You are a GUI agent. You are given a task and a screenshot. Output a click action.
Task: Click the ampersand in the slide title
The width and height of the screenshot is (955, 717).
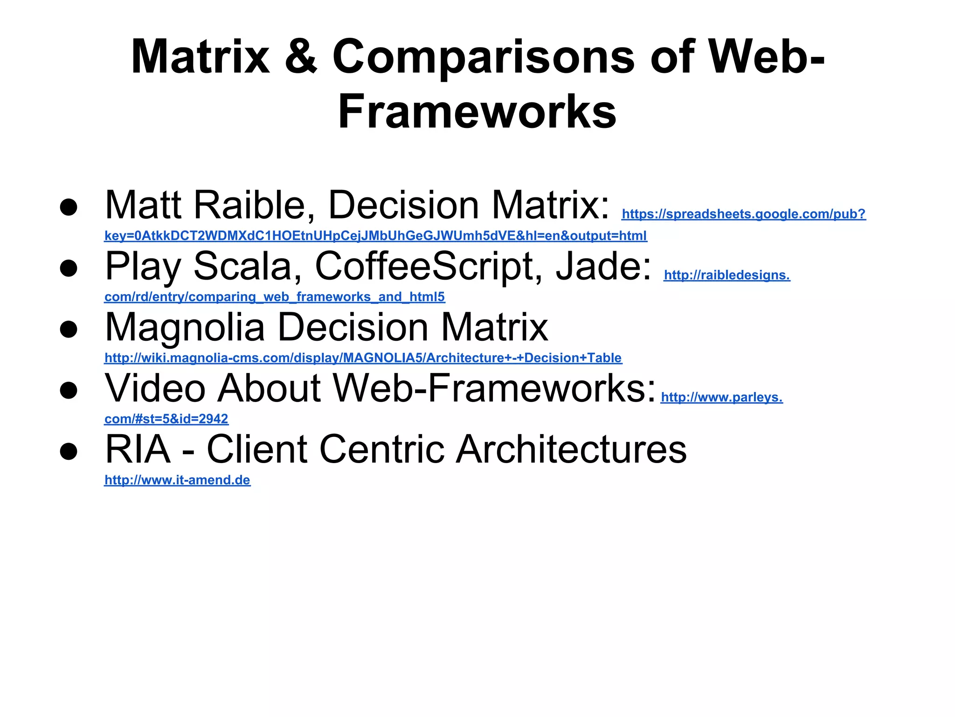point(301,57)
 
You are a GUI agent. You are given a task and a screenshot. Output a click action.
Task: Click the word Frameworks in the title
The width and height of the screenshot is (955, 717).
point(477,112)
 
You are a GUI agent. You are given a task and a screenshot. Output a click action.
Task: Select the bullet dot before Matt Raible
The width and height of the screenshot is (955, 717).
point(69,207)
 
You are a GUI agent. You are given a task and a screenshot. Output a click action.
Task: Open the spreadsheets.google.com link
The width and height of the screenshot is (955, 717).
point(743,214)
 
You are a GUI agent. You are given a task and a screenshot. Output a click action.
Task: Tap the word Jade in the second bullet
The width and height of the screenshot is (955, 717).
point(603,266)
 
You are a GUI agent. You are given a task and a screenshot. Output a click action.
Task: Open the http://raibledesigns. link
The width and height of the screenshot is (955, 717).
point(727,275)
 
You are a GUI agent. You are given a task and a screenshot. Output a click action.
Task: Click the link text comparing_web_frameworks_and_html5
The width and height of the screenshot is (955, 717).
point(274,297)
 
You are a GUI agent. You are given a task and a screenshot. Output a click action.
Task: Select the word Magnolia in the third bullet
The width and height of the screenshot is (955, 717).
point(185,327)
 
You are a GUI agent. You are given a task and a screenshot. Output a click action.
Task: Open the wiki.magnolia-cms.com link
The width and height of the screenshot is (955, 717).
point(363,358)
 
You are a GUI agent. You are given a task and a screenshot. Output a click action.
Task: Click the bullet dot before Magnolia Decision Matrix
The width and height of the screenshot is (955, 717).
point(69,329)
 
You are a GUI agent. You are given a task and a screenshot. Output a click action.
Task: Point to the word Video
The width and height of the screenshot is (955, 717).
point(155,388)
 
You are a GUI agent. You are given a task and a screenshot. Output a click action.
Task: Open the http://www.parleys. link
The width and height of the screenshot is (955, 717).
point(721,397)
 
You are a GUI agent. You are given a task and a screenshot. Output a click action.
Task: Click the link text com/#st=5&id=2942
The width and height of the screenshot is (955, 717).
point(166,419)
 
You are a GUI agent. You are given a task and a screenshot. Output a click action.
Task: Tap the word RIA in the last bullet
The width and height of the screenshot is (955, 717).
point(138,449)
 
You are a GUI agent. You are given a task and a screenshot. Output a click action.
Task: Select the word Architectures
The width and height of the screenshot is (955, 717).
point(571,449)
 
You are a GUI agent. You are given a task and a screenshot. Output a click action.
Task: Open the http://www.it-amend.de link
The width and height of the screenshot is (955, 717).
point(177,480)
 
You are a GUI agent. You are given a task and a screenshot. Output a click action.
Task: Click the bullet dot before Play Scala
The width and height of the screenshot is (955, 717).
point(69,268)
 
